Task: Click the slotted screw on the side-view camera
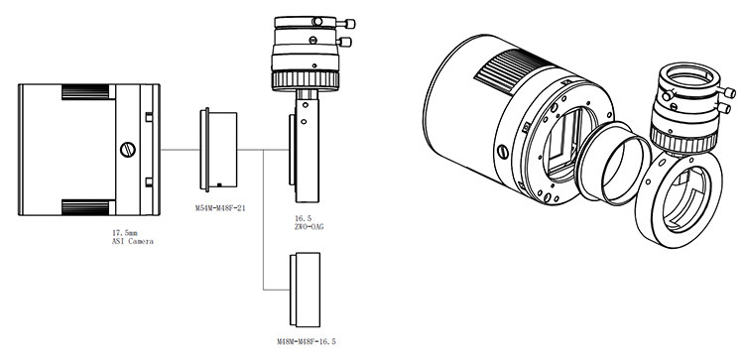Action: [x=128, y=150]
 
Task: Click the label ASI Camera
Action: [x=132, y=241]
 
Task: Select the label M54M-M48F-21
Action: [x=220, y=207]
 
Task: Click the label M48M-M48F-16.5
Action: [x=307, y=341]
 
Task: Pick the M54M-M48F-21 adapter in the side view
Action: [x=218, y=150]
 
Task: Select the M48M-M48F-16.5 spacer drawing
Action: [x=305, y=290]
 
